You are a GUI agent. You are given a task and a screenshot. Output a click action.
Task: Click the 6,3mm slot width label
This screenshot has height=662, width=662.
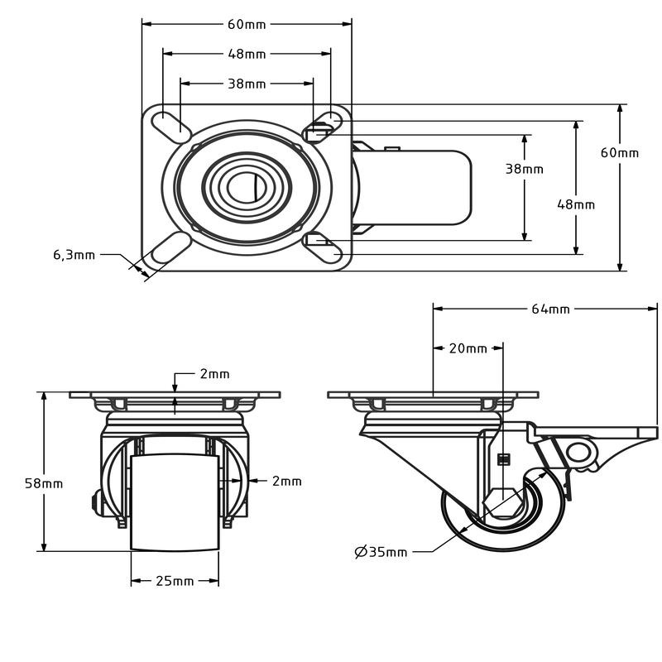pyautogui.click(x=74, y=255)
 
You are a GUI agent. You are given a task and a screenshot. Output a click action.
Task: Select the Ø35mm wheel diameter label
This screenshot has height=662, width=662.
pyautogui.click(x=381, y=552)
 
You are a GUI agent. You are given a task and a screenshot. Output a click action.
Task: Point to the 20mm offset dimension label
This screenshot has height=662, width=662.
pyautogui.click(x=468, y=348)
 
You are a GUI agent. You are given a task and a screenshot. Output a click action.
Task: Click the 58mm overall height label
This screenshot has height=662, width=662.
pyautogui.click(x=44, y=483)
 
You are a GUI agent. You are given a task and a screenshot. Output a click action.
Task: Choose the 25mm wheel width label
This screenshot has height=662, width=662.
pyautogui.click(x=175, y=582)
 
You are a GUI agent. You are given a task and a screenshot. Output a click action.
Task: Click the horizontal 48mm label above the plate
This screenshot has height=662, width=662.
pyautogui.click(x=247, y=54)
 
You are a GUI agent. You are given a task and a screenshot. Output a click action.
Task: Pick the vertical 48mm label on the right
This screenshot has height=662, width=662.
pyautogui.click(x=576, y=204)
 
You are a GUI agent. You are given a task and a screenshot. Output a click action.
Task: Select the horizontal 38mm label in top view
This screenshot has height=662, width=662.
pyautogui.click(x=247, y=84)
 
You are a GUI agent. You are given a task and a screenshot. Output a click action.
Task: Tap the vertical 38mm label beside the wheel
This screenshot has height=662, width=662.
pyautogui.click(x=525, y=169)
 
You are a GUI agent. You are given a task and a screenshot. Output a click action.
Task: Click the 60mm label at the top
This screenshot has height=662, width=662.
pyautogui.click(x=247, y=25)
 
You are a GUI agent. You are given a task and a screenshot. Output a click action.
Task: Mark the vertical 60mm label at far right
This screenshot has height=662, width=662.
pyautogui.click(x=620, y=152)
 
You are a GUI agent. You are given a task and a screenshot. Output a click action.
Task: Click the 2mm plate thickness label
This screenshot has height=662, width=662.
pyautogui.click(x=214, y=374)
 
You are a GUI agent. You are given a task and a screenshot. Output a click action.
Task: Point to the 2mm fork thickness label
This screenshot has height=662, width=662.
pyautogui.click(x=286, y=482)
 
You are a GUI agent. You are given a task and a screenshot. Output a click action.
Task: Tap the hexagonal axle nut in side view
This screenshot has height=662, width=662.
pyautogui.click(x=501, y=503)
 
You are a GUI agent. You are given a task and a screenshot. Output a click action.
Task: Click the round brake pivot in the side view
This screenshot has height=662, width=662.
pyautogui.click(x=578, y=453)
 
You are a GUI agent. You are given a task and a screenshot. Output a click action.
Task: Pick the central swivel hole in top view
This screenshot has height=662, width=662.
pyautogui.click(x=247, y=188)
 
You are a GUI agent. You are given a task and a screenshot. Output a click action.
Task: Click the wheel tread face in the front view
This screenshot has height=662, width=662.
pyautogui.click(x=175, y=502)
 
